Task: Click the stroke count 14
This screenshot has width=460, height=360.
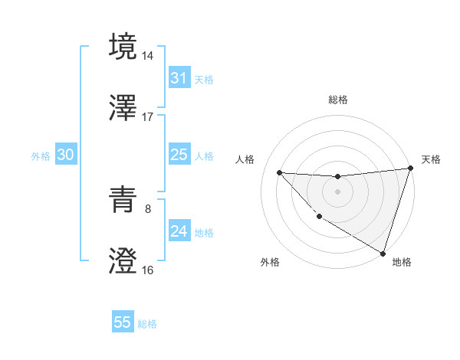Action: pos(148,55)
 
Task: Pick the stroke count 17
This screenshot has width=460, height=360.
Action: pos(148,117)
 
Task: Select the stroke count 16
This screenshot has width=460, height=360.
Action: pos(148,270)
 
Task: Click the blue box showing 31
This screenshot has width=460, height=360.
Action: pos(179,78)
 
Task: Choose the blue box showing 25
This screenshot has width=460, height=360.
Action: pos(179,155)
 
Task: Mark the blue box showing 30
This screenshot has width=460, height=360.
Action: pos(66,155)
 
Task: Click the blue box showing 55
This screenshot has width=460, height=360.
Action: pos(123,322)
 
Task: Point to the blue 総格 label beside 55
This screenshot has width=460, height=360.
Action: pos(147,324)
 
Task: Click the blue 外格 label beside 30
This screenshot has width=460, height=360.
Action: pos(41,156)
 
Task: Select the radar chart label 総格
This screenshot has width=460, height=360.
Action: pos(337,100)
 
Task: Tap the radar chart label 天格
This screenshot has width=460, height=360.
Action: pos(431,159)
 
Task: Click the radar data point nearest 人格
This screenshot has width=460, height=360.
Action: pos(279,172)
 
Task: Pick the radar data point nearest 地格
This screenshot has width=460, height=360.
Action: pos(383,254)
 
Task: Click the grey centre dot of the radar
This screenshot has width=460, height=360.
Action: pos(337,191)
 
